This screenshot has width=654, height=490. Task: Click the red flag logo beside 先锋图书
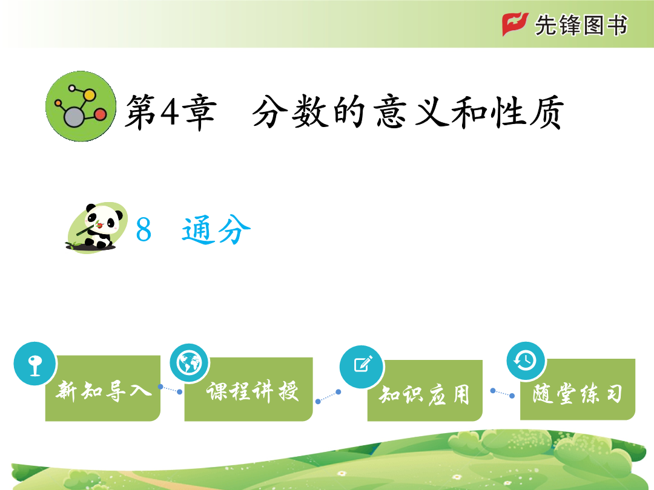(x=515, y=24)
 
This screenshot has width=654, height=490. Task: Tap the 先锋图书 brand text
(x=581, y=25)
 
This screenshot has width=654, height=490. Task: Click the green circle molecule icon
(x=81, y=106)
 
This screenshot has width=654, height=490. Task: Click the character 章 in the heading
(x=201, y=112)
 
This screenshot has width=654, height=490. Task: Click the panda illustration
(x=97, y=227)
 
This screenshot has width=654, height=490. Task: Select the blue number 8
(x=144, y=230)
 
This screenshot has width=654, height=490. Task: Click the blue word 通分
(x=216, y=230)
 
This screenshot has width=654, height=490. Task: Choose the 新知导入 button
(x=102, y=388)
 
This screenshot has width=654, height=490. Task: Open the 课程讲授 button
(x=249, y=389)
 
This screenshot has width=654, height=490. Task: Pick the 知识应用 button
(x=425, y=390)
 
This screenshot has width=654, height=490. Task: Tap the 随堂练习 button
(x=578, y=389)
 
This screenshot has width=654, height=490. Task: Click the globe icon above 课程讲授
(x=190, y=364)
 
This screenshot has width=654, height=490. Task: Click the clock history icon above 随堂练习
(x=526, y=361)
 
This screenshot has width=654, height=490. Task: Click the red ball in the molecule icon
(x=101, y=114)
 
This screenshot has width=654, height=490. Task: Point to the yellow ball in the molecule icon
(x=89, y=95)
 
